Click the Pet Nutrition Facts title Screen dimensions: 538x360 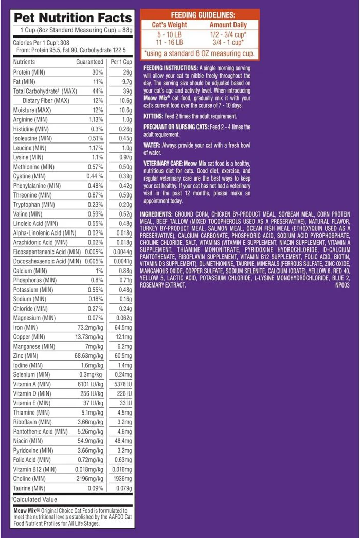(x=73, y=17)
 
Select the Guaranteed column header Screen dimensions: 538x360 (x=89, y=62)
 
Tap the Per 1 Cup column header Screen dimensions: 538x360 (x=121, y=62)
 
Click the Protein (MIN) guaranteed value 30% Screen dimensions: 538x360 (x=98, y=72)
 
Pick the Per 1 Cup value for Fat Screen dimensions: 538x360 (x=126, y=82)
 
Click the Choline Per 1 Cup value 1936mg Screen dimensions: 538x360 (x=122, y=479)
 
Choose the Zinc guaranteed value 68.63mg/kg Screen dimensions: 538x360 (x=88, y=356)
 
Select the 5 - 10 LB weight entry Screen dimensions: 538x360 (x=170, y=34)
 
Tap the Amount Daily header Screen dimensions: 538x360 (x=228, y=25)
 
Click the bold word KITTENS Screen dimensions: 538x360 (x=154, y=116)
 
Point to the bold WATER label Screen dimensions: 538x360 (x=152, y=145)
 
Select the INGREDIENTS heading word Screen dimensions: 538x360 (x=156, y=213)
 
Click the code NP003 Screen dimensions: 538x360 (x=342, y=285)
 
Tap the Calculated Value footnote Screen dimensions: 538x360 (x=35, y=500)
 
